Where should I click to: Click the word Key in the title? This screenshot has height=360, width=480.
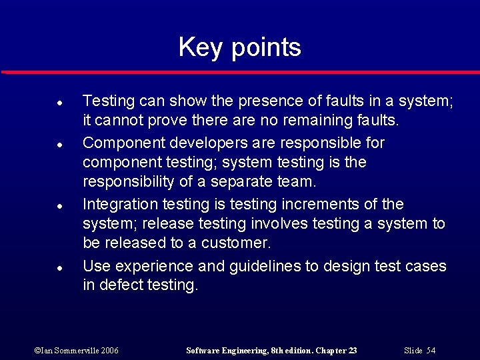point(197,48)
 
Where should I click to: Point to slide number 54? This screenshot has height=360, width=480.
point(431,351)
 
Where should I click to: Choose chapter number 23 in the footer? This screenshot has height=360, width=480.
point(353,351)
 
